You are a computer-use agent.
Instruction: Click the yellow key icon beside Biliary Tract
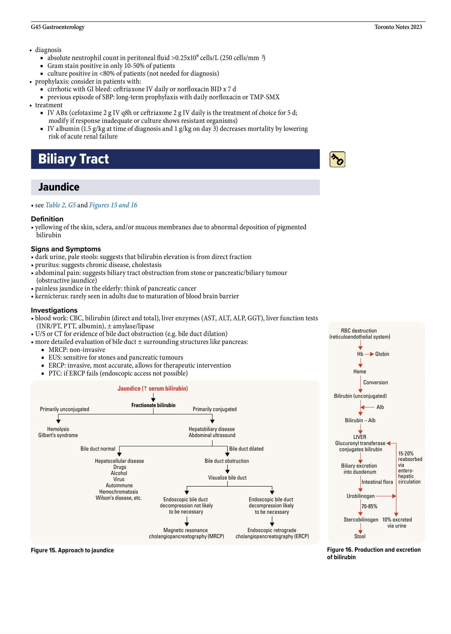[x=337, y=159]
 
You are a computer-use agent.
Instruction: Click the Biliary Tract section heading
[x=73, y=159]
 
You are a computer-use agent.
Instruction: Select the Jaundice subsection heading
[x=59, y=187]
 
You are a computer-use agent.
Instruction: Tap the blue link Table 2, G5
[x=60, y=205]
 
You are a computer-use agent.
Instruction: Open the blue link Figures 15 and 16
[x=113, y=205]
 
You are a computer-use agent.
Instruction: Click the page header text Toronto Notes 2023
[x=398, y=27]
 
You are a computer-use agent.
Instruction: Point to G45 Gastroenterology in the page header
[x=58, y=27]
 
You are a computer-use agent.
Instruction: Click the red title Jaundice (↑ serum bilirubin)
[x=153, y=389]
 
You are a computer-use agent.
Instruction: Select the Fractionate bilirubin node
[x=153, y=405]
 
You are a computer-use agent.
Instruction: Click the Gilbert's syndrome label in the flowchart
[x=58, y=435]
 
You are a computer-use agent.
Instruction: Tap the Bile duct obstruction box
[x=227, y=461]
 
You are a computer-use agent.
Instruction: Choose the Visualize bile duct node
[x=227, y=478]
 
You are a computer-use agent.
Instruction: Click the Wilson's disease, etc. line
[x=119, y=498]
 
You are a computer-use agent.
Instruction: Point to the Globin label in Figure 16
[x=382, y=354]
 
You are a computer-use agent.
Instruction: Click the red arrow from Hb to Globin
[x=369, y=354]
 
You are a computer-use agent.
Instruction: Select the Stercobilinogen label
[x=361, y=520]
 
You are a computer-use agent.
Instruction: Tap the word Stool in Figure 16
[x=360, y=536]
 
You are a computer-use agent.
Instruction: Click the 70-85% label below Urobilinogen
[x=369, y=506]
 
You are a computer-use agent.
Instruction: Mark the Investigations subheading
[x=54, y=310]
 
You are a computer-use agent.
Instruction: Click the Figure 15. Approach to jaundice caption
[x=72, y=550]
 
